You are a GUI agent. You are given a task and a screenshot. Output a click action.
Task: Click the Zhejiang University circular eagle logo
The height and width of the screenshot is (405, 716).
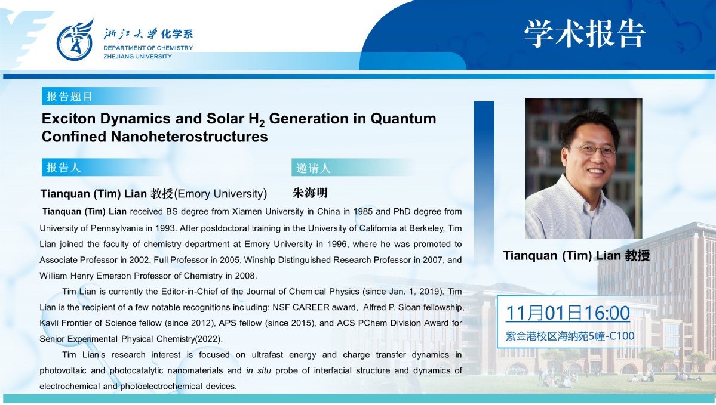click(x=75, y=40)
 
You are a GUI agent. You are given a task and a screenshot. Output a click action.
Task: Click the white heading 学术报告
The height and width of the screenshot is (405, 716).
click(x=585, y=34)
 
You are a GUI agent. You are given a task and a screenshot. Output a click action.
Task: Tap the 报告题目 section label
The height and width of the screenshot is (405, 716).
click(x=69, y=97)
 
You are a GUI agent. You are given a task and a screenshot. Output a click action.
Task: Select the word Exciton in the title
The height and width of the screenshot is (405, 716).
click(x=69, y=119)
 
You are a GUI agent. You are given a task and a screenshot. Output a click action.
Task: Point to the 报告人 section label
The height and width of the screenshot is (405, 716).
click(x=63, y=168)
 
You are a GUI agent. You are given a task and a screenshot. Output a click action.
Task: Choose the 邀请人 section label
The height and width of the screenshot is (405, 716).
click(x=314, y=168)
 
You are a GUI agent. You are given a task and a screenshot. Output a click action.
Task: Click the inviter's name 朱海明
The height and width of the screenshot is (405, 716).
click(x=310, y=193)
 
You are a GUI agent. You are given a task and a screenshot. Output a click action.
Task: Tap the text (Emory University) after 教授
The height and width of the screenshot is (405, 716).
click(x=220, y=194)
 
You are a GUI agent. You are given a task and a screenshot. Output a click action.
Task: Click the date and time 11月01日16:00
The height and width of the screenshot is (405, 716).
click(x=567, y=313)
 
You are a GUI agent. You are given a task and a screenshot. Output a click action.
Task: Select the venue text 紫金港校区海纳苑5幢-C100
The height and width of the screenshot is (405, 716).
click(x=570, y=336)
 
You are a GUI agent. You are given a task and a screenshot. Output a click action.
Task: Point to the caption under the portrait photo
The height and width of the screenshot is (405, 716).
click(x=576, y=255)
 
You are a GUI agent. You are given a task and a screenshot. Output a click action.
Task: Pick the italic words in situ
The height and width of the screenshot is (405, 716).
click(x=259, y=370)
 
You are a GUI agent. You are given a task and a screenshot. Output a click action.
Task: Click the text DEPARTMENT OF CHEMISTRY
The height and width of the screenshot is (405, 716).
click(x=148, y=48)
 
